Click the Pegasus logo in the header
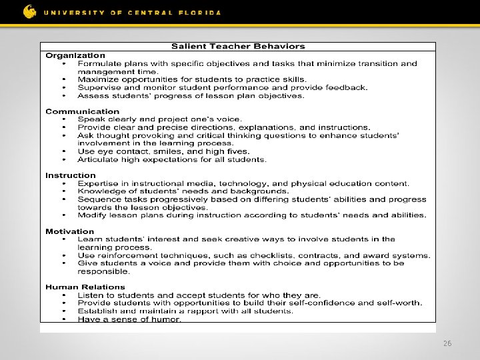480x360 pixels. pyautogui.click(x=30, y=11)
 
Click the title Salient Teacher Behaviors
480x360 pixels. pyautogui.click(x=238, y=47)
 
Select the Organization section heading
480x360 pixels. pyautogui.click(x=75, y=55)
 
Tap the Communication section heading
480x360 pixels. pyautogui.click(x=83, y=111)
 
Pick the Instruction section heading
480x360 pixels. pyautogui.click(x=71, y=175)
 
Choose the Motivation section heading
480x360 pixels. pyautogui.click(x=70, y=231)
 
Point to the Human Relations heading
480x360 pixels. pyautogui.click(x=85, y=287)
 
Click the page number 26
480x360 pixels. pyautogui.click(x=447, y=343)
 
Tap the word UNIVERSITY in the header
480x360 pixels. pyautogui.click(x=71, y=13)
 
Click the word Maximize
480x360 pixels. pyautogui.click(x=97, y=79)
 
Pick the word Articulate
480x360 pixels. pyautogui.click(x=98, y=159)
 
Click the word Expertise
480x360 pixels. pyautogui.click(x=98, y=183)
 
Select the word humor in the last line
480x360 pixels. pyautogui.click(x=167, y=319)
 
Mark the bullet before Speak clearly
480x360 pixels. pyautogui.click(x=64, y=120)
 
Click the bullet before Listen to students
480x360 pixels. pyautogui.click(x=64, y=295)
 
